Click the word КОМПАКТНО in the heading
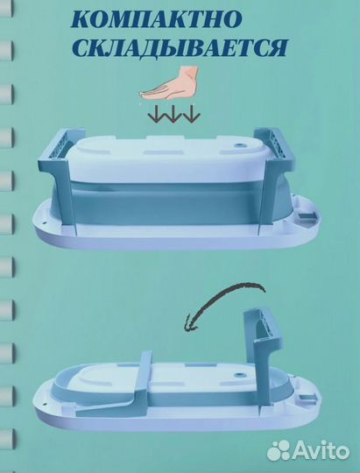pos(156,20)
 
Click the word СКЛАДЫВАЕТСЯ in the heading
pos(180,48)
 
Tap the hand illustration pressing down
pos(169,83)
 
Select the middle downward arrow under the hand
pos(173,114)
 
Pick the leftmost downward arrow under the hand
pos(156,114)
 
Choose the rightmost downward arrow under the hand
pos(191,114)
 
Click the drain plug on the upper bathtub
pos(240,145)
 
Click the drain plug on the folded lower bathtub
pos(240,375)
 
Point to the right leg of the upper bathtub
pos(275,178)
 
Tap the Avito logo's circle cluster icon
pos(279,450)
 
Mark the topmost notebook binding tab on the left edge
pos(6,8)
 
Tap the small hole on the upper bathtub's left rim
pos(43,222)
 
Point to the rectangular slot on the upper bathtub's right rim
pos(307,216)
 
